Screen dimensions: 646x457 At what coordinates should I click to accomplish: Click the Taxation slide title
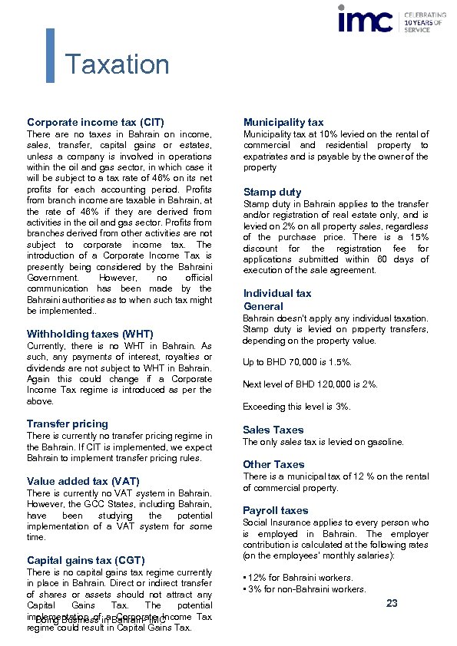pyautogui.click(x=117, y=65)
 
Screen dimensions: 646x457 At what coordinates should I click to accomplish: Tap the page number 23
pyautogui.click(x=392, y=604)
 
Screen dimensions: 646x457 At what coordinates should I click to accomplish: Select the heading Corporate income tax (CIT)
pyautogui.click(x=95, y=122)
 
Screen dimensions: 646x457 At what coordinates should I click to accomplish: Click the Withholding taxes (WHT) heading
pyautogui.click(x=90, y=334)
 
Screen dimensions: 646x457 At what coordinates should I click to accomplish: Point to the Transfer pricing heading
pyautogui.click(x=68, y=424)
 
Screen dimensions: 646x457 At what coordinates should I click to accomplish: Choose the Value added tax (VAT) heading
pyautogui.click(x=83, y=481)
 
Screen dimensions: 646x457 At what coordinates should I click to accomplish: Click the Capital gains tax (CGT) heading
pyautogui.click(x=85, y=560)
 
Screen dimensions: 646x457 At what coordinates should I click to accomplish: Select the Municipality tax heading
pyautogui.click(x=283, y=122)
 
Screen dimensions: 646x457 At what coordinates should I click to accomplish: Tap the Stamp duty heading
pyautogui.click(x=272, y=192)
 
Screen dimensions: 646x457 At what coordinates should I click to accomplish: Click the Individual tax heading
pyautogui.click(x=277, y=293)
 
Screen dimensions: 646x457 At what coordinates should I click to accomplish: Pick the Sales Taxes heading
pyautogui.click(x=273, y=430)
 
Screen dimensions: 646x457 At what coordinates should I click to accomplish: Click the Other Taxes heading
pyautogui.click(x=273, y=464)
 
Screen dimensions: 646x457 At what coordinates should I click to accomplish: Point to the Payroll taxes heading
pyautogui.click(x=276, y=510)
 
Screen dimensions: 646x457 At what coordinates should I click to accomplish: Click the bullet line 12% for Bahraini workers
pyautogui.click(x=299, y=578)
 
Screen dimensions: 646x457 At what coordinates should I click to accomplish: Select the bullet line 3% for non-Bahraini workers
pyautogui.click(x=305, y=589)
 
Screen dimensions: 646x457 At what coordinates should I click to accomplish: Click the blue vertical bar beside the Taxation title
pyautogui.click(x=51, y=55)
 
